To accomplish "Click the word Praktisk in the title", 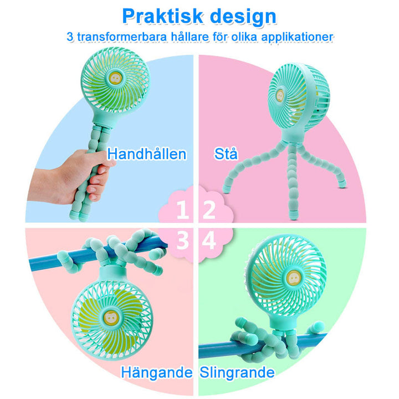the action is tap(162, 16).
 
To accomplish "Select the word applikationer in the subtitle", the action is tap(297, 37).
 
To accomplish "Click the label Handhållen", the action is tap(147, 154).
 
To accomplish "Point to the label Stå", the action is tap(226, 154).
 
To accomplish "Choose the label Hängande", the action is tap(157, 372).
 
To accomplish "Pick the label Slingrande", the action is tap(237, 372).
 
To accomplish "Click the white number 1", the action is tap(182, 209).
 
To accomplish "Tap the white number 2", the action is tap(209, 209).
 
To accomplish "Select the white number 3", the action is tap(183, 240).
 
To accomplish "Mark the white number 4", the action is tap(209, 240).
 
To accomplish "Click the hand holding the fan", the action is tap(71, 176).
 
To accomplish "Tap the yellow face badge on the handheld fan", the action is tap(115, 78).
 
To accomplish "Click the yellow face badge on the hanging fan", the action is tap(111, 318).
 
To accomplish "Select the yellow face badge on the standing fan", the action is tap(280, 96).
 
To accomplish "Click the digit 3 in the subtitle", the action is tap(70, 37).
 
